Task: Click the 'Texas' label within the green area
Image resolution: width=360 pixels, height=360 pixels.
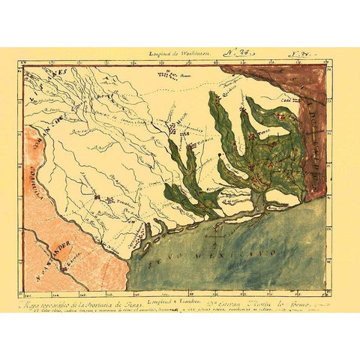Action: click(x=262, y=161)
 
